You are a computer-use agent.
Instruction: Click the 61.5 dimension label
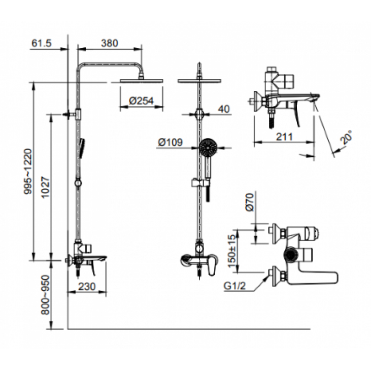point(41,43)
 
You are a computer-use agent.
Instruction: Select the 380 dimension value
point(109,43)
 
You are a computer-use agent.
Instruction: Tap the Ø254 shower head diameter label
point(141,101)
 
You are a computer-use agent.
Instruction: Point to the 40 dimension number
point(224,109)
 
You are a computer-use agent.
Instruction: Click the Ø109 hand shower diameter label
point(170,142)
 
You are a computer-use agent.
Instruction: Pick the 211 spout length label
point(284,137)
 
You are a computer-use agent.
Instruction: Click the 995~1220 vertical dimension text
point(28,172)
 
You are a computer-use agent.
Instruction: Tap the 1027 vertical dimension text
point(45,187)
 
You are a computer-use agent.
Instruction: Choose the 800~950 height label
point(45,294)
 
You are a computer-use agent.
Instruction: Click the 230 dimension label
point(87,287)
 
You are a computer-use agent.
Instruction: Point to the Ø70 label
point(250,202)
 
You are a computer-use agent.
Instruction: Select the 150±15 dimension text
point(233,251)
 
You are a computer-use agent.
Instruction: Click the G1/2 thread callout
point(235,286)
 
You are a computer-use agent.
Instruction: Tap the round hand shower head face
point(207,148)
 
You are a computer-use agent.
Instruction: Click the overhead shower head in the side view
point(141,81)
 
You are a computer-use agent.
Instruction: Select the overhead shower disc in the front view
point(199,81)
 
